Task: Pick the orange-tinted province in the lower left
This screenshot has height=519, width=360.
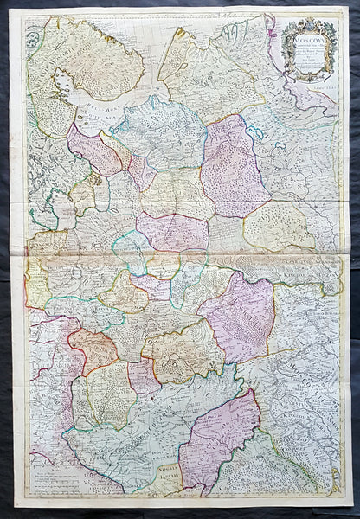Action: coord(93,348)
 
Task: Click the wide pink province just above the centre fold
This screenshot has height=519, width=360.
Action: coord(172,232)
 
